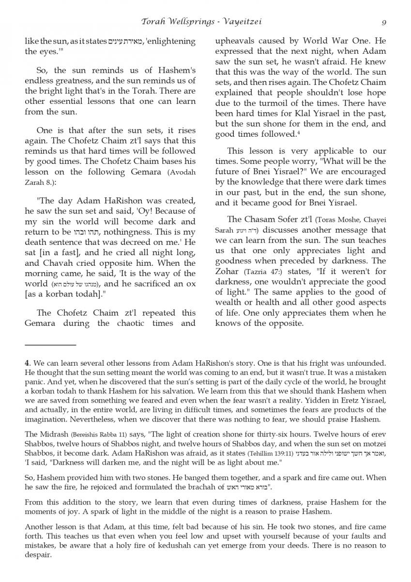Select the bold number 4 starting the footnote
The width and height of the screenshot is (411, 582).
coord(28,362)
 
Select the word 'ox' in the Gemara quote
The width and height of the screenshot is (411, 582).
coord(190,284)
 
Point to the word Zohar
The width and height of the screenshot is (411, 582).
coord(228,272)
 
